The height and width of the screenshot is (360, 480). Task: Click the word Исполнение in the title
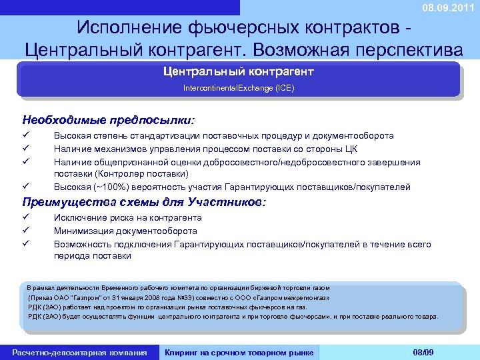[x=126, y=29]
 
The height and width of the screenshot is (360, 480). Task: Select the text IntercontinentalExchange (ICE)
[x=239, y=87]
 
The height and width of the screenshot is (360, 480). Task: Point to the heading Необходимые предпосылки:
[x=109, y=121]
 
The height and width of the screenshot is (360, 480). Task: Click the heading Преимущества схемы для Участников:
[x=144, y=202]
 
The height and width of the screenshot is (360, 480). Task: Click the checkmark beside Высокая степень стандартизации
[x=26, y=135]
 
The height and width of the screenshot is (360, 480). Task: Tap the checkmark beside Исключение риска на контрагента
[x=26, y=217]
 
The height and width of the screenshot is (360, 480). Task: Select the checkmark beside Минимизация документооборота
[x=26, y=231]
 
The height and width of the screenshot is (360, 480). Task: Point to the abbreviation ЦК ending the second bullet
[x=353, y=148]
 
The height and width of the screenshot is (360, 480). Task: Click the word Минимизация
[x=85, y=231]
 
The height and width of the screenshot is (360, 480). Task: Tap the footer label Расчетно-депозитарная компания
[x=79, y=351]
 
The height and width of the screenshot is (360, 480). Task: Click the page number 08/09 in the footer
[x=423, y=351]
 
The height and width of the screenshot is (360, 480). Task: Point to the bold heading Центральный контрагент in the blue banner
[x=239, y=71]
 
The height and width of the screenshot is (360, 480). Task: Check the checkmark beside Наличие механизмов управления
[x=26, y=148]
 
